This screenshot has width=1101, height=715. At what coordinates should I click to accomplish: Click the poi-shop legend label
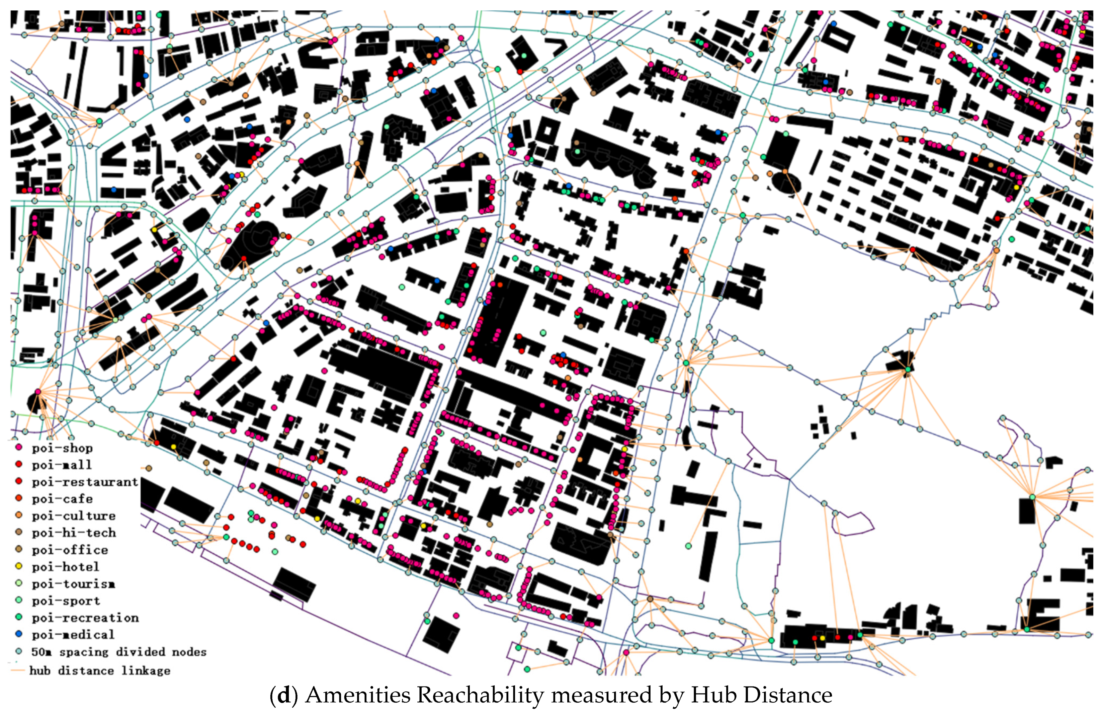(62, 448)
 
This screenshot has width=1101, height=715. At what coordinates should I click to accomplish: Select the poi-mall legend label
(62, 465)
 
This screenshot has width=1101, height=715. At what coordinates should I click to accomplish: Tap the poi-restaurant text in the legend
(85, 482)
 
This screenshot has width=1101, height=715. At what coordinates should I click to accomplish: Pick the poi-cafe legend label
(62, 499)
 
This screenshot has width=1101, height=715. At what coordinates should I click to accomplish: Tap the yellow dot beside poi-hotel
(19, 566)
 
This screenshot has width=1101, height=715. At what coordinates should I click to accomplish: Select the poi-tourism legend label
(73, 583)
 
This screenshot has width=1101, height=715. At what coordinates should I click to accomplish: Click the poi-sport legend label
(66, 601)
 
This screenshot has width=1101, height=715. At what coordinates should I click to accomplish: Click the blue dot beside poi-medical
(19, 634)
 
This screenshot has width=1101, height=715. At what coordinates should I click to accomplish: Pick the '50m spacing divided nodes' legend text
(118, 652)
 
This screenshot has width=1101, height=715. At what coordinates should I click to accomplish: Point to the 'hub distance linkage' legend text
(99, 670)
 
